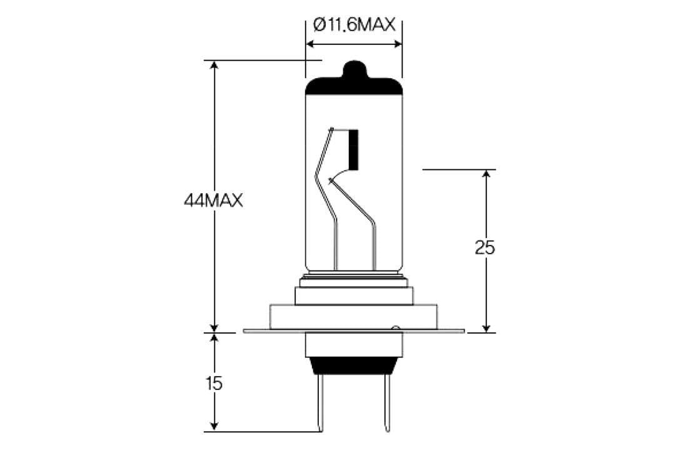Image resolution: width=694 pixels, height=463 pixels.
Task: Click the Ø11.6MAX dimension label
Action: tap(355, 25)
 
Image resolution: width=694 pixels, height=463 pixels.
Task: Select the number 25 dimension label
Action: tap(485, 248)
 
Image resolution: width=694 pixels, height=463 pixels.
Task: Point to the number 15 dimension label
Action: tap(214, 383)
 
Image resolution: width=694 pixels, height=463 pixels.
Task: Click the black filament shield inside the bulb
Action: tap(354, 149)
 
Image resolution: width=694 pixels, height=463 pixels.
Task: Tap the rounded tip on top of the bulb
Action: tap(354, 67)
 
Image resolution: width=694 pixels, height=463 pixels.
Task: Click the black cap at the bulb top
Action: tap(353, 86)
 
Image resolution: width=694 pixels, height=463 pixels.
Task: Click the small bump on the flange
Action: tap(395, 327)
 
